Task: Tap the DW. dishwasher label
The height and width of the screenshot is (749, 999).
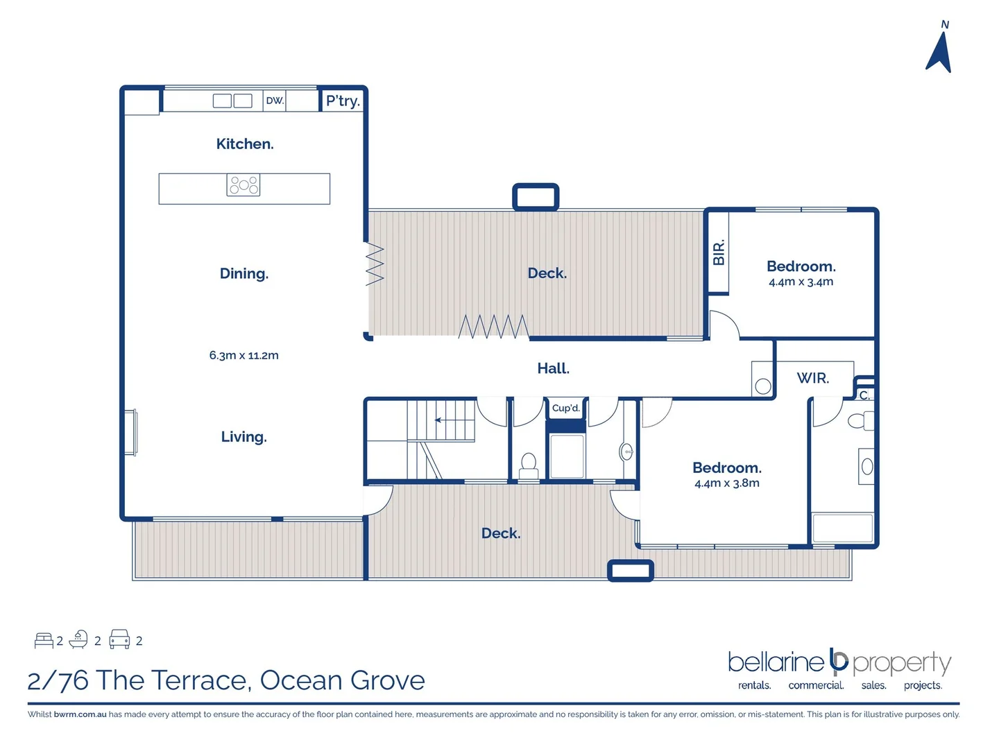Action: coord(275,101)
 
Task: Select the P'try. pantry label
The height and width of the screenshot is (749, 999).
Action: coord(343,101)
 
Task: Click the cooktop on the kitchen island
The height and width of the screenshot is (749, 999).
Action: coord(244,185)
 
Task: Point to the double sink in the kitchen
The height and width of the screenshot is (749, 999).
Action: coord(232,101)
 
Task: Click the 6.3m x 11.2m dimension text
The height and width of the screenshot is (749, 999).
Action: coord(244,355)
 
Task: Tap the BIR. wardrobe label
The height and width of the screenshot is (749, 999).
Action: coord(719,252)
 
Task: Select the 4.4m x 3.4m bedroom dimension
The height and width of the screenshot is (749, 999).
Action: coord(801,282)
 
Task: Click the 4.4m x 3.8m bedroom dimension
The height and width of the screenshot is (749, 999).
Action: coord(726,483)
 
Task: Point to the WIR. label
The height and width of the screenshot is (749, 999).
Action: coord(812,378)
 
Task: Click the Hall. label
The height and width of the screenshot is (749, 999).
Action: coord(553,368)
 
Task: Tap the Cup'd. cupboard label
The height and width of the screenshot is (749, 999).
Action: coord(565,408)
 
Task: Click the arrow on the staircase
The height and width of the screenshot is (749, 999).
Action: coord(438,420)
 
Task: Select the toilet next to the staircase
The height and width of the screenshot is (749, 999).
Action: coord(529,465)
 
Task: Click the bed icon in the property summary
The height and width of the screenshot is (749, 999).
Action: coord(44,640)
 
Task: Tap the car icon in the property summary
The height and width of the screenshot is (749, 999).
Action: coord(119,639)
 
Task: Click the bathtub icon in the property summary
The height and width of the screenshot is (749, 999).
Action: coord(78,639)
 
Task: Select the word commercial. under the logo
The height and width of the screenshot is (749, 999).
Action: coord(816,685)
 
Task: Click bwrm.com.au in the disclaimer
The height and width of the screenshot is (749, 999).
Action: coord(80,714)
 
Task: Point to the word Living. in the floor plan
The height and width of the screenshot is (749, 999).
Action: coord(244,437)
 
